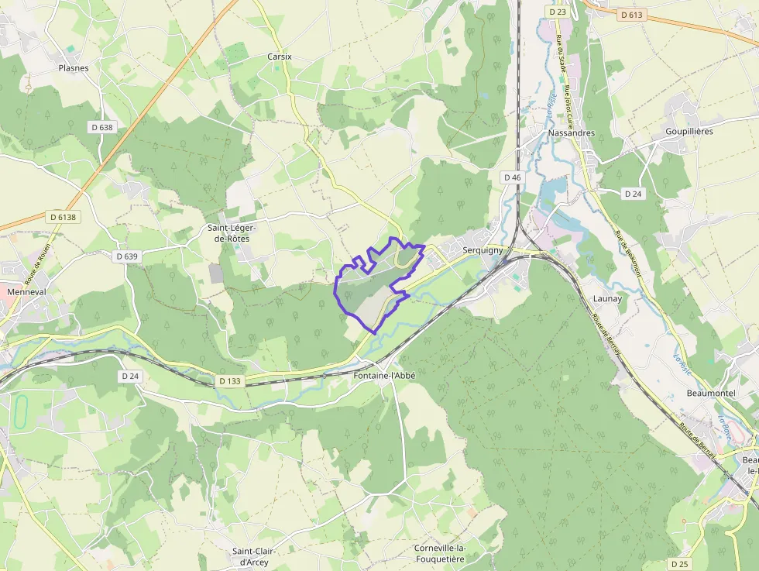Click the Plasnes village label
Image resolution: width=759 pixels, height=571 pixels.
[74, 68]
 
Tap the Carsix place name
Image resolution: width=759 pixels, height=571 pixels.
[279, 57]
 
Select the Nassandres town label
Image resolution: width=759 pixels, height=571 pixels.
[571, 132]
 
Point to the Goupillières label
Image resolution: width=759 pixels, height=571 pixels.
[689, 132]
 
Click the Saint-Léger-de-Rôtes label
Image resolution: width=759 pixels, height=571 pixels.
[232, 233]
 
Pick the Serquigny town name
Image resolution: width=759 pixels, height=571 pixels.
[483, 250]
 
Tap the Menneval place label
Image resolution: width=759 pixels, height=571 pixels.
[26, 292]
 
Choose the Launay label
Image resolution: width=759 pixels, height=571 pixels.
[607, 298]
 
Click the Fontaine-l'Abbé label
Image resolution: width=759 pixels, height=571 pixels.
[384, 375]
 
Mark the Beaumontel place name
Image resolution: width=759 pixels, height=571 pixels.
[710, 393]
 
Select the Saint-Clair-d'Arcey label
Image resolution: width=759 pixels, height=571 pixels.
[250, 556]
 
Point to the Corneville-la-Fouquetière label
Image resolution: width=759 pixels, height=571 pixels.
[439, 553]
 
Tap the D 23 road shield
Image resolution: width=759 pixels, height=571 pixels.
[557, 12]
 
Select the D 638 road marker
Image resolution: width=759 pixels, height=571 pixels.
[101, 127]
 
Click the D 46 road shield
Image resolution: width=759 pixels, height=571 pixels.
[512, 177]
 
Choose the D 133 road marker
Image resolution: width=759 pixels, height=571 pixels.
[230, 380]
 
